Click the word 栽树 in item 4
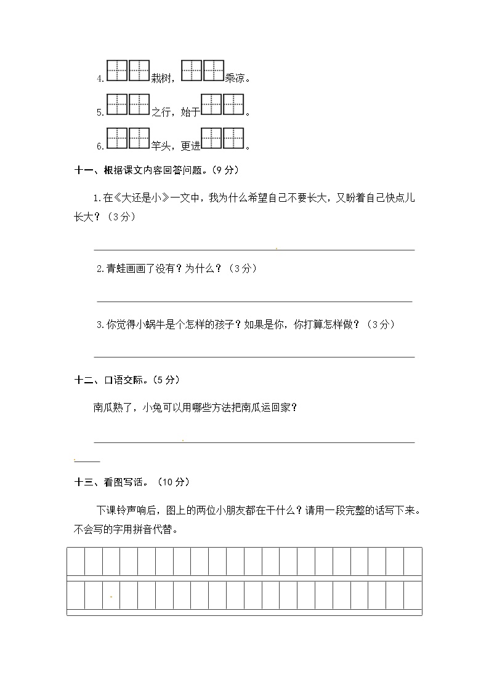(x=159, y=78)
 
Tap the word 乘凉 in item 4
(x=235, y=78)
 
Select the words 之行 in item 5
(x=160, y=112)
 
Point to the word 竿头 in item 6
(x=160, y=146)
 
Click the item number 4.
(x=100, y=79)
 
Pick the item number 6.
(x=100, y=146)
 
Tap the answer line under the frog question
(x=254, y=301)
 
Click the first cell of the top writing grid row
(x=76, y=561)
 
